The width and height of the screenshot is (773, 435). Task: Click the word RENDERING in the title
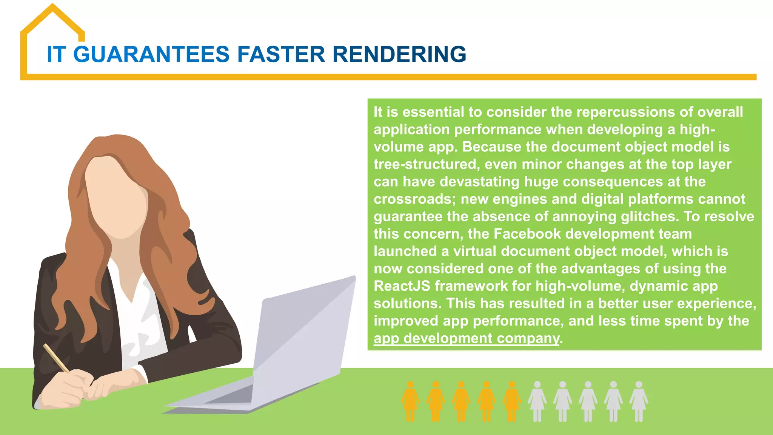point(399,54)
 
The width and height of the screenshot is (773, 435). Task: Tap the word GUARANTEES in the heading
point(151,54)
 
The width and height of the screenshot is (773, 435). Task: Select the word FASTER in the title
point(281,54)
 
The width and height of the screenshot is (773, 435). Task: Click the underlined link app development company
point(466,338)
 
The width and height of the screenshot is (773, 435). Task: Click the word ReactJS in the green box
point(402,286)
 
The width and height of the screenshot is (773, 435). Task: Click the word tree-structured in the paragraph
point(427,165)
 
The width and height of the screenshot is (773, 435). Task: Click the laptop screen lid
point(302,332)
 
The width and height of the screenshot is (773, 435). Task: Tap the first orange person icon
point(410,401)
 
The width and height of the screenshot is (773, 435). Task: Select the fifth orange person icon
point(512,401)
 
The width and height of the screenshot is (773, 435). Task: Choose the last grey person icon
point(639,401)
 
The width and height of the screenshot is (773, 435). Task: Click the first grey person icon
point(537,401)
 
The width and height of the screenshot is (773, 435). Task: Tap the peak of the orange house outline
point(53,6)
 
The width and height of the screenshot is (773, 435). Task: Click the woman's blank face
point(115,196)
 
